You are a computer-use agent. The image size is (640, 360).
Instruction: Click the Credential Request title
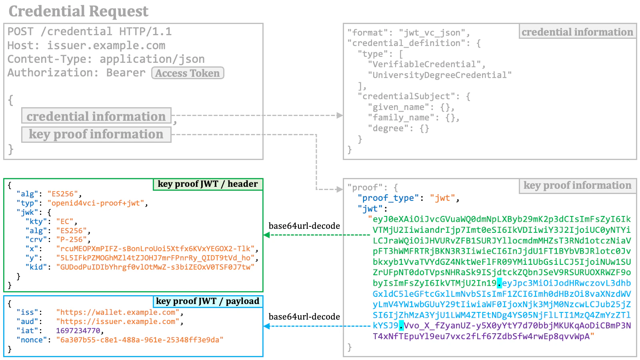pyautogui.click(x=78, y=11)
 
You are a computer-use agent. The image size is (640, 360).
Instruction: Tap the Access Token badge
pyautogui.click(x=188, y=73)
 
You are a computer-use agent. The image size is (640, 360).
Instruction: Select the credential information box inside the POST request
pyautogui.click(x=96, y=116)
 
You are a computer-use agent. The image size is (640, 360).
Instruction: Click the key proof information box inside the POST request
pyautogui.click(x=96, y=134)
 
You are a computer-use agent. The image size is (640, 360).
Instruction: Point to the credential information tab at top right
pyautogui.click(x=577, y=32)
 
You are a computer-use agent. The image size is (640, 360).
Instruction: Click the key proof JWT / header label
pyautogui.click(x=208, y=184)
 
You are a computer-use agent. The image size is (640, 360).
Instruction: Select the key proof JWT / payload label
pyautogui.click(x=208, y=301)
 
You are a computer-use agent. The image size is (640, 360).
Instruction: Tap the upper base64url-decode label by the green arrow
pyautogui.click(x=304, y=226)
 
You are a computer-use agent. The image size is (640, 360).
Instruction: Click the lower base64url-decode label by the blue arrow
pyautogui.click(x=304, y=317)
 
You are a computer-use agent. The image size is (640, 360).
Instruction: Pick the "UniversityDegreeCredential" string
pyautogui.click(x=440, y=75)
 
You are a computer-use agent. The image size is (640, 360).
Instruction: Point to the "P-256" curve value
pyautogui.click(x=73, y=240)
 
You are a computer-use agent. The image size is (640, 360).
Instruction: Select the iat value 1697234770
pyautogui.click(x=78, y=331)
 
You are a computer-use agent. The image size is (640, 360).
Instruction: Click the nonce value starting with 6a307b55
pyautogui.click(x=140, y=340)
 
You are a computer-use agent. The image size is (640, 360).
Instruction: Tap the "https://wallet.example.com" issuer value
pyautogui.click(x=118, y=312)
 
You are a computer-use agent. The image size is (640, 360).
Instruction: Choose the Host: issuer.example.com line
pyautogui.click(x=86, y=46)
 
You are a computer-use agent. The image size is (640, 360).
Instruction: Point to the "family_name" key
pyautogui.click(x=401, y=118)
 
